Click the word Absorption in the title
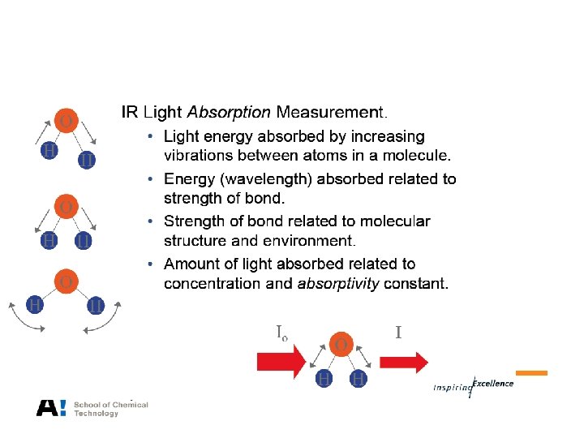click(x=230, y=112)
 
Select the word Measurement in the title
click(x=331, y=112)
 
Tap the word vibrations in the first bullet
click(x=197, y=156)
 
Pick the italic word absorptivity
click(x=338, y=284)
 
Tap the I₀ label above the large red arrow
click(x=281, y=332)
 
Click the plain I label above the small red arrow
click(x=398, y=332)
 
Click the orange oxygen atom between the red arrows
click(x=341, y=344)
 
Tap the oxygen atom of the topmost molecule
click(x=65, y=122)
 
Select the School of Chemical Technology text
click(x=110, y=409)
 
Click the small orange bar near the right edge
click(x=531, y=373)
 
